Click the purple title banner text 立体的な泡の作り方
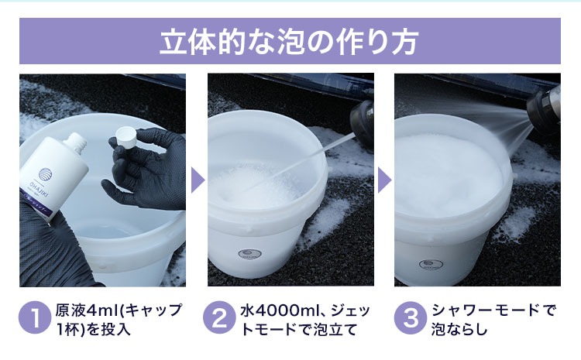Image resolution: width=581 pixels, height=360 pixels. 290,41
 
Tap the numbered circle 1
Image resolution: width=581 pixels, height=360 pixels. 35,317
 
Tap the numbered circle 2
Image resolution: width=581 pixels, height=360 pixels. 219,317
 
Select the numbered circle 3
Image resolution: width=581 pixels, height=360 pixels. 411,317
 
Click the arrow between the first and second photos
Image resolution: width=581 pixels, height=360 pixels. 197,180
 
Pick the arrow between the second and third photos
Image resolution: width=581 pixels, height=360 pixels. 384,180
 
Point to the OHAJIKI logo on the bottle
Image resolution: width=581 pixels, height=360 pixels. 45,174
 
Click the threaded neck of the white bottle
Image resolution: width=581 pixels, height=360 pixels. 77,142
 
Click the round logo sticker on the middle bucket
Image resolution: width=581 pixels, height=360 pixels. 249,255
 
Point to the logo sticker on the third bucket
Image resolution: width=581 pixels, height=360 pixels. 431,265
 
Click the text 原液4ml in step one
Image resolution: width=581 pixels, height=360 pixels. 87,310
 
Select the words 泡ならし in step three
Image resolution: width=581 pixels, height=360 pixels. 459,329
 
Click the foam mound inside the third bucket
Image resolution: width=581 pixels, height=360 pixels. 449,174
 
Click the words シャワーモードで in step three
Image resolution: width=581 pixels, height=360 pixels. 493,310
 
